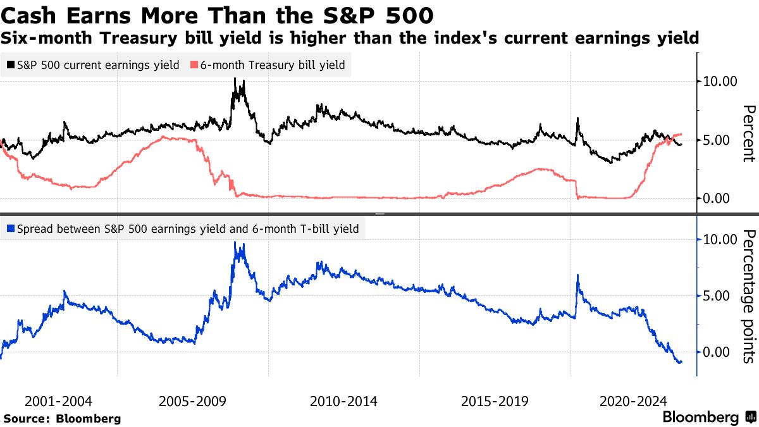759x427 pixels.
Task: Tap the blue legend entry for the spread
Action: point(183,229)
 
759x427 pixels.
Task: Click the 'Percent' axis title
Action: point(748,133)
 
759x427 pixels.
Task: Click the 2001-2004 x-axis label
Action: point(58,402)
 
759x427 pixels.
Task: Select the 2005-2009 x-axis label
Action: point(192,402)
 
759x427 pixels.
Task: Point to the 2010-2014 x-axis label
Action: point(343,402)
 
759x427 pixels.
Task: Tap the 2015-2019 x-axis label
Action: point(495,402)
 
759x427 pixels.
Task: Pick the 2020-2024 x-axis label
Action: point(633,402)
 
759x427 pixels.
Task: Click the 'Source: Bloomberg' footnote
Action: point(62,418)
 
